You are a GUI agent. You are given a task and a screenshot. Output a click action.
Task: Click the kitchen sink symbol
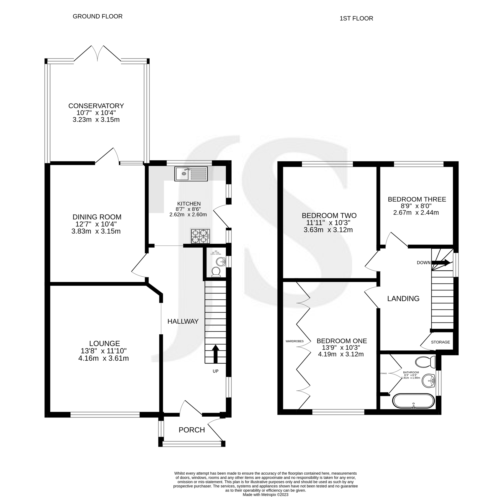click(191, 174)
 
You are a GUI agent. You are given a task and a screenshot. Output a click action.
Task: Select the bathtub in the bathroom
click(413, 401)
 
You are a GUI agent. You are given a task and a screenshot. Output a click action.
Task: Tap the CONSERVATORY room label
click(96, 106)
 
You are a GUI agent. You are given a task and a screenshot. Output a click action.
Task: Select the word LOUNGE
click(104, 343)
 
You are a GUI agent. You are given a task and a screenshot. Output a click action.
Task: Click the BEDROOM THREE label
click(417, 199)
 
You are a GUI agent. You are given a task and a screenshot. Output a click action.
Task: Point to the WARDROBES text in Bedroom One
click(294, 341)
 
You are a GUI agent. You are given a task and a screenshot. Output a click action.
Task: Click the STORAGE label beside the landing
click(440, 342)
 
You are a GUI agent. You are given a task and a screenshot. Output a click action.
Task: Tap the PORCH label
click(192, 430)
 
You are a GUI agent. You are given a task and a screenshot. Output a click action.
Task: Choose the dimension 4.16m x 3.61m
click(103, 358)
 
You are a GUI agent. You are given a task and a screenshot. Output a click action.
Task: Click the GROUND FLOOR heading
click(97, 16)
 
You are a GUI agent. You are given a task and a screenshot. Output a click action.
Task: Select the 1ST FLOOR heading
click(356, 18)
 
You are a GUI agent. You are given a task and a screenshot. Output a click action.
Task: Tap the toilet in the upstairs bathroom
click(425, 361)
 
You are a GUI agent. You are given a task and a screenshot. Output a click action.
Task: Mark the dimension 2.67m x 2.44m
click(416, 213)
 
